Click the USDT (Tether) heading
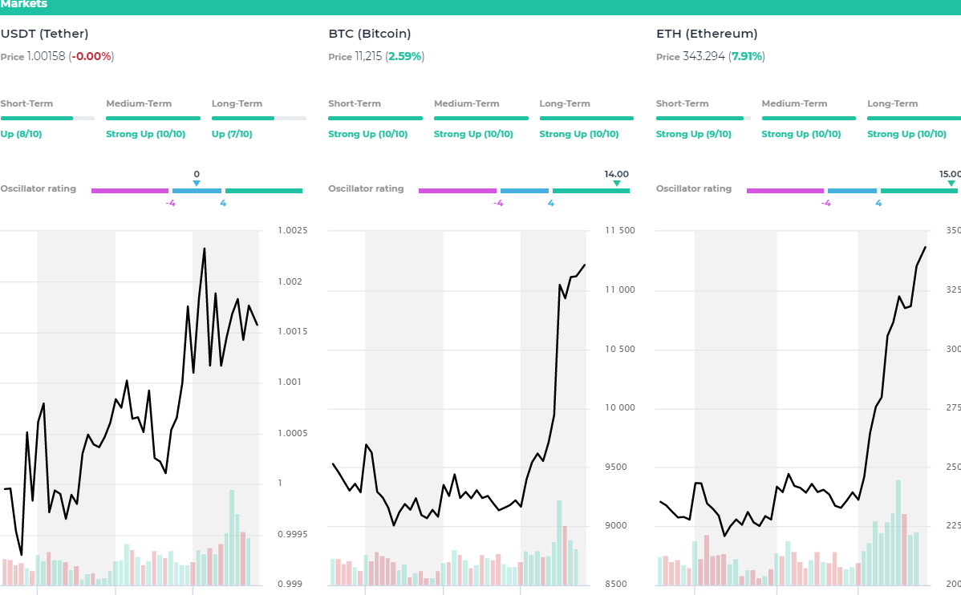tap(44, 34)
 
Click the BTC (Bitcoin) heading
tap(369, 34)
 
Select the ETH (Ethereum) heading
tap(706, 34)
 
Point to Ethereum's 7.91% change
tap(747, 57)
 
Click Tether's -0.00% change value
tap(91, 57)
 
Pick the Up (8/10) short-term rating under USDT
tap(21, 134)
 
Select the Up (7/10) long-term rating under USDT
tap(232, 134)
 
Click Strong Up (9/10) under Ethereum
tap(693, 134)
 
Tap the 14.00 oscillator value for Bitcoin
tap(616, 174)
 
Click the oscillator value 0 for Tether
tap(197, 174)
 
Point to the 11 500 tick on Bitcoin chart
tap(620, 231)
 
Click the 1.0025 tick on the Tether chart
tap(293, 231)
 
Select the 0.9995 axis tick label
tap(293, 534)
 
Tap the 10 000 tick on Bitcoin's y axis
tap(620, 407)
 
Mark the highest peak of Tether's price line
tap(205, 249)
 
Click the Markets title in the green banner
tap(24, 5)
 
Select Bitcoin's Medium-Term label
tap(466, 103)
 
